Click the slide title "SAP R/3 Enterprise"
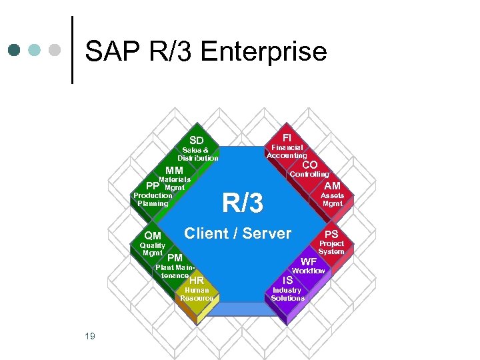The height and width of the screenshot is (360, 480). (x=206, y=51)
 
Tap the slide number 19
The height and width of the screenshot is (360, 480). (x=90, y=336)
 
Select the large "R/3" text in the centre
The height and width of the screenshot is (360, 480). (x=243, y=203)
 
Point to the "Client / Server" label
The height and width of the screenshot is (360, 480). (x=238, y=233)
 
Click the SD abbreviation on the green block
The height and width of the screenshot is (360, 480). (x=197, y=140)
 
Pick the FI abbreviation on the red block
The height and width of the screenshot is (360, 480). (x=287, y=137)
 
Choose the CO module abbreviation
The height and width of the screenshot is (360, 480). (x=310, y=165)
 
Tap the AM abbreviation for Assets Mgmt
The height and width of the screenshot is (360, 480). (x=332, y=185)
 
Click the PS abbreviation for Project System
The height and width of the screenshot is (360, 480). (x=331, y=234)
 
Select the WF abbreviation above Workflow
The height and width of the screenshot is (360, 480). (x=309, y=262)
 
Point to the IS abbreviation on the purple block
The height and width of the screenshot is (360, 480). (x=288, y=281)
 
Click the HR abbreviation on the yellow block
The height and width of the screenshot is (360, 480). (x=197, y=281)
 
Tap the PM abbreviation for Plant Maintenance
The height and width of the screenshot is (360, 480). (x=175, y=258)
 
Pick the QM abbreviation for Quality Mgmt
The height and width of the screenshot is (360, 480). (x=153, y=235)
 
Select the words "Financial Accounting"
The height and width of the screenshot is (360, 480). (x=287, y=151)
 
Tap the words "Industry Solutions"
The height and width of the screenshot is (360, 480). (x=287, y=294)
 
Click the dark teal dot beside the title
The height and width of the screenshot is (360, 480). (x=15, y=50)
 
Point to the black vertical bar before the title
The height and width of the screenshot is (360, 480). (x=72, y=50)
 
